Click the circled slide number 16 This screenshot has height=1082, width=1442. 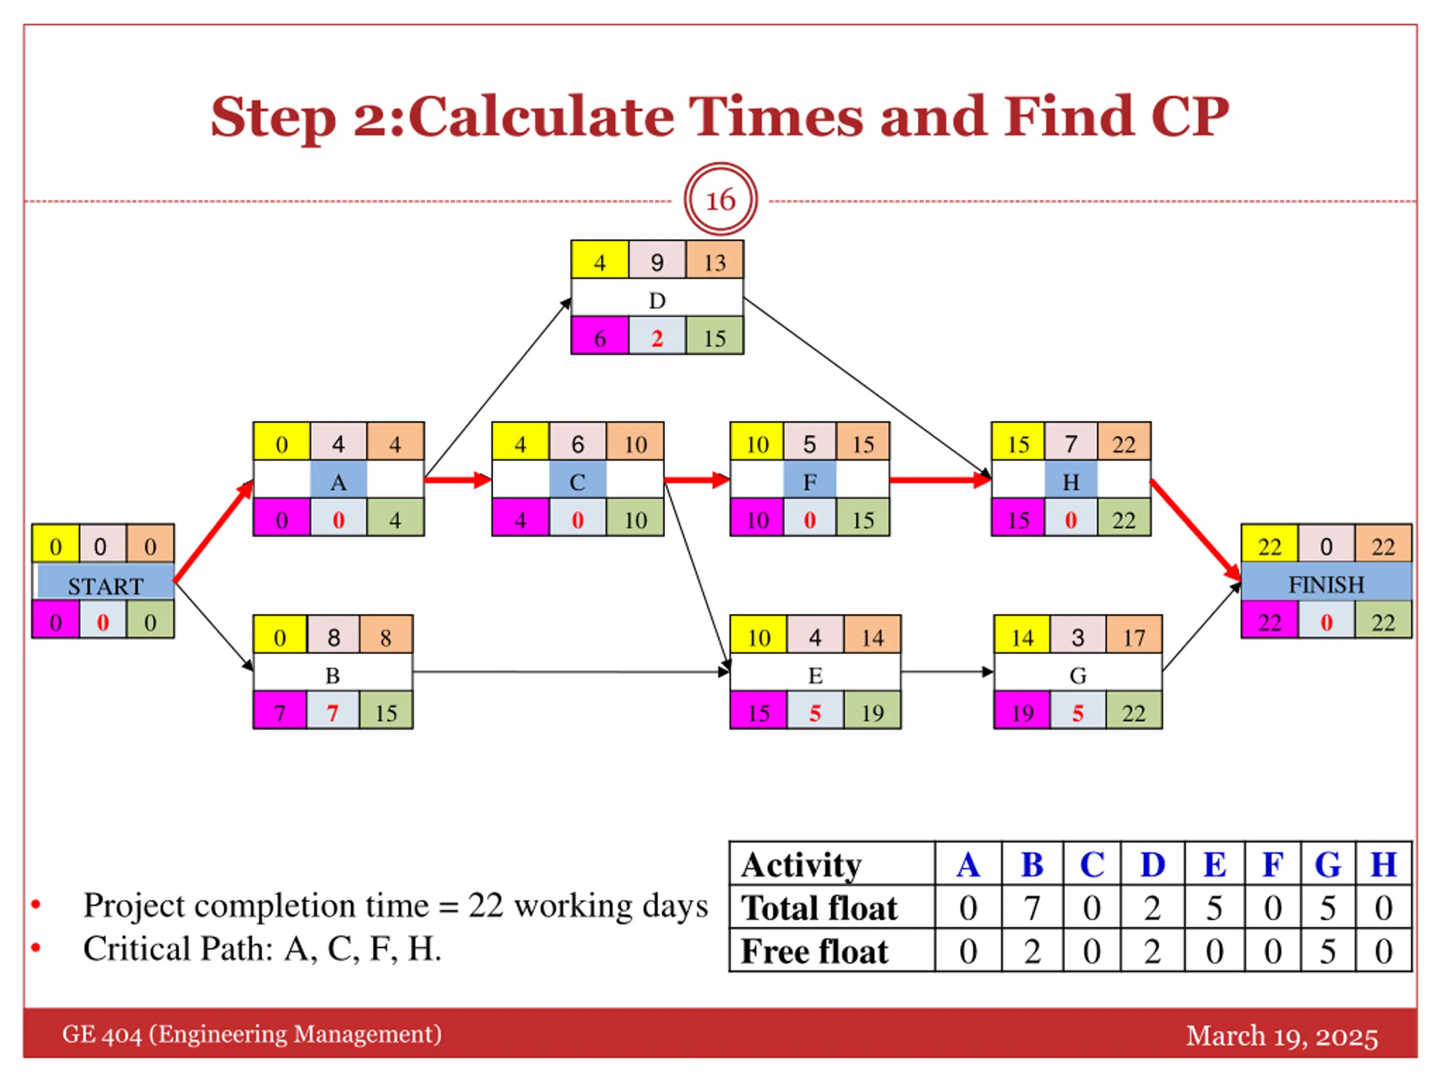[720, 199]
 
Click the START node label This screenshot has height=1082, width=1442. [105, 585]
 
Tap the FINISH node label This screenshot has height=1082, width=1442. [1326, 584]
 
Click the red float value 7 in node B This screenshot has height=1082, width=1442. [332, 712]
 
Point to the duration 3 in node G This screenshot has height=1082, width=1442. [1078, 637]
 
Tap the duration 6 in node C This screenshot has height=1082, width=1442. [577, 444]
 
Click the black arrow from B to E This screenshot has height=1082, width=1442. [571, 672]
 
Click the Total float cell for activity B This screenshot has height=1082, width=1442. [1032, 907]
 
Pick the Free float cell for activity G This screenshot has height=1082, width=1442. [1328, 951]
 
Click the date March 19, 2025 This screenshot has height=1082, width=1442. [1281, 1036]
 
